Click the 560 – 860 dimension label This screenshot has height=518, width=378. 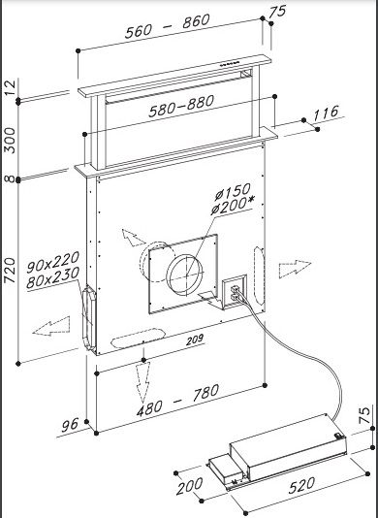(167, 26)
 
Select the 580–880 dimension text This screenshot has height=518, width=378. (181, 106)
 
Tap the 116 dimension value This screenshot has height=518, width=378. (326, 113)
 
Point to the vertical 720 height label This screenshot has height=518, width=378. (10, 271)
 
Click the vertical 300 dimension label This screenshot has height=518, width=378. (10, 141)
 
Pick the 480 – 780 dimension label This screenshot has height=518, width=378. (178, 400)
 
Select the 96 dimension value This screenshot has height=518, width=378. (71, 425)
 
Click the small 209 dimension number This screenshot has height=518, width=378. (195, 340)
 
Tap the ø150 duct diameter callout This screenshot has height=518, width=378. (232, 192)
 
